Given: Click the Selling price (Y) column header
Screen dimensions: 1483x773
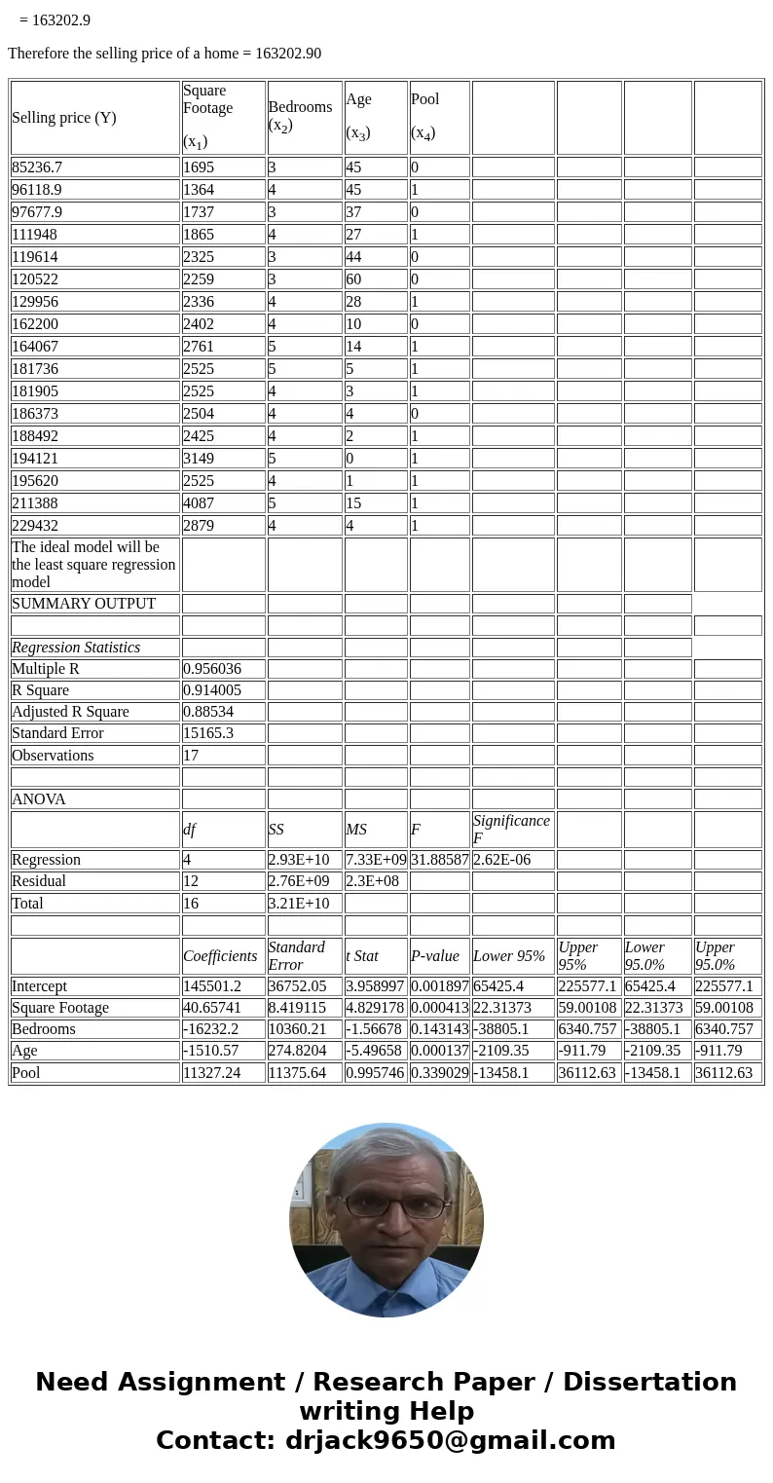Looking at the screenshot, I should (x=64, y=118).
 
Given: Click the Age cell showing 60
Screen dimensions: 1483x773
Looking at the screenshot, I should (x=354, y=279).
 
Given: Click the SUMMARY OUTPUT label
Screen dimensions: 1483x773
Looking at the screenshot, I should (x=84, y=604).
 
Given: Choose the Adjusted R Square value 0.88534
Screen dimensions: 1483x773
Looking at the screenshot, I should (x=208, y=712).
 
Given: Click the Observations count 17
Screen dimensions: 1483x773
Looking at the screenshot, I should (x=191, y=756).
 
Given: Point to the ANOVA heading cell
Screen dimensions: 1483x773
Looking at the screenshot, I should (x=39, y=799).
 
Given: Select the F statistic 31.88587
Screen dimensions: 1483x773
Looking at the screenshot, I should (x=440, y=860).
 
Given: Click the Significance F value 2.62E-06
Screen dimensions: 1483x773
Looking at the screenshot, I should (x=501, y=860).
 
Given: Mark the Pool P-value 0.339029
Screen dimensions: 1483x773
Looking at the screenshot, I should (x=440, y=1073).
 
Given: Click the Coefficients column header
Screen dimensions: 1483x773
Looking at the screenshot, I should (x=221, y=956).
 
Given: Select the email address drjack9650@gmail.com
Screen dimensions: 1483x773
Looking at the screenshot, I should (x=451, y=1441).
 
